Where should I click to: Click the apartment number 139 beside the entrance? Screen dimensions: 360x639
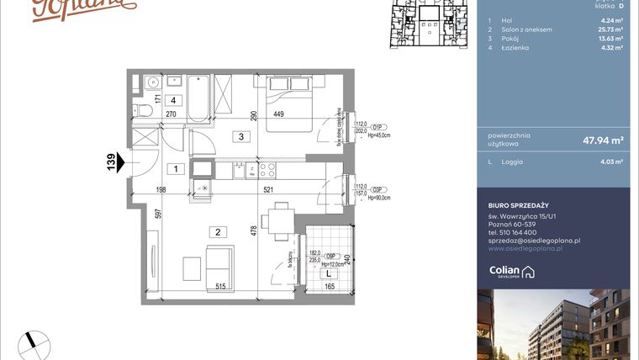[110, 161]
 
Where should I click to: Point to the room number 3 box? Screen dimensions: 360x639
[240, 136]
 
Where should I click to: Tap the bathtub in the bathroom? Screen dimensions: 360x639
[199, 98]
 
